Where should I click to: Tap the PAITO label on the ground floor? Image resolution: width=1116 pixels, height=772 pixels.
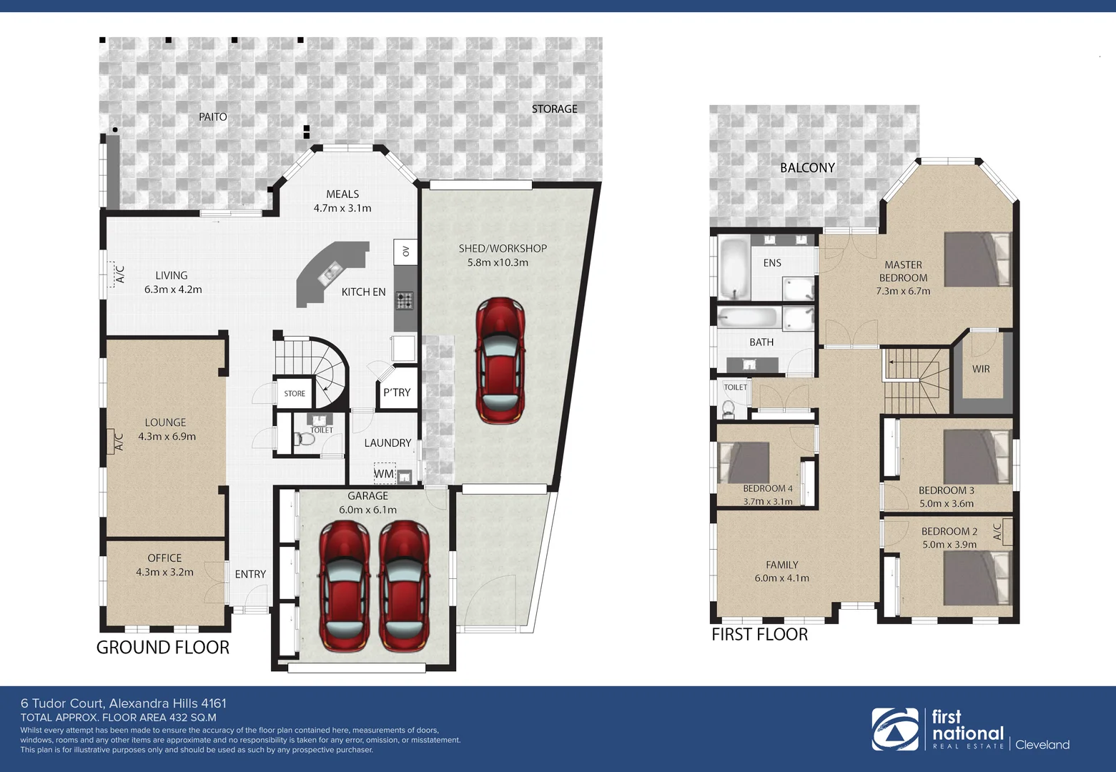pos(213,117)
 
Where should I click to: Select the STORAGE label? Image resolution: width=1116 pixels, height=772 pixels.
pos(554,109)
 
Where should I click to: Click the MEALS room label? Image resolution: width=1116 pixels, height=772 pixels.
pos(342,194)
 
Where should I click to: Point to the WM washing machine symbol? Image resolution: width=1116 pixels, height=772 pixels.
pos(384,473)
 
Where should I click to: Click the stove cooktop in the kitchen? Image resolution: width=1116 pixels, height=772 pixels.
pos(405,301)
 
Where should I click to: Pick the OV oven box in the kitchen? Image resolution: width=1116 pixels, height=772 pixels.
pos(405,251)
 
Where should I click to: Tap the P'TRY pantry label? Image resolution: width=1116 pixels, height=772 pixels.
pos(397,392)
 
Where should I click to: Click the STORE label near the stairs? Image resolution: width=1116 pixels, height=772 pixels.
pos(295,394)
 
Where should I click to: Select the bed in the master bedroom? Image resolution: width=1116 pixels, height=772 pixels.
pos(977,259)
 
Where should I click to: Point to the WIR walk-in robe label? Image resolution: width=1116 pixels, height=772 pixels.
pos(981,369)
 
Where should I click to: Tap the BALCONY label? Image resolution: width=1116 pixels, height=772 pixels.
pos(807,167)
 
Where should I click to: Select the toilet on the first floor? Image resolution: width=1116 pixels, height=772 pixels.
pos(729,408)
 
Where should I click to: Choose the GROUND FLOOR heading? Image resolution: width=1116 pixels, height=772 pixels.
pos(163,648)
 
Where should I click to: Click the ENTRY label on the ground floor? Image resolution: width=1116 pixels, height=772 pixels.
pos(250,574)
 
